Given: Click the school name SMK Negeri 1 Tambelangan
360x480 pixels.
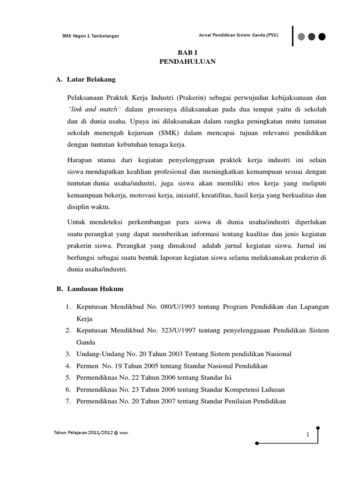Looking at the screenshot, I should [x=90, y=37].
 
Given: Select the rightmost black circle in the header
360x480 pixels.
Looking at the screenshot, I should [x=322, y=37].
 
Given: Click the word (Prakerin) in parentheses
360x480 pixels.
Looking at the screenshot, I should [x=192, y=97].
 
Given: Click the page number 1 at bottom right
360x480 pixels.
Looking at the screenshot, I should [x=308, y=435].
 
